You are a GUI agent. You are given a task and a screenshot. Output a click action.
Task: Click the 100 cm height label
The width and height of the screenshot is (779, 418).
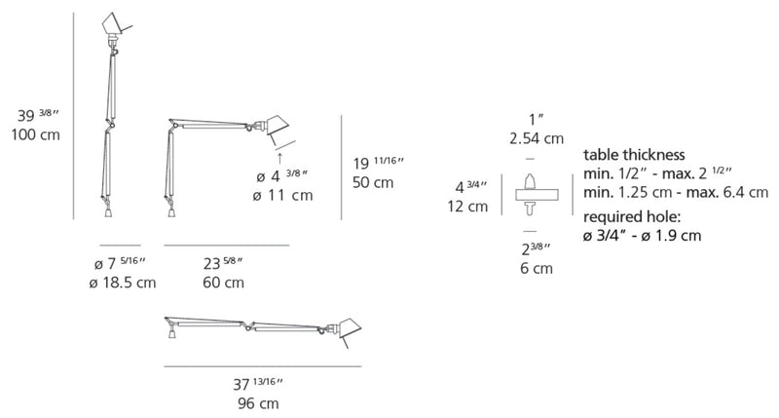[x=35, y=134]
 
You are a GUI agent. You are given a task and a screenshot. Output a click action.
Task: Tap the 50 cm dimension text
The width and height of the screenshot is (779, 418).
[x=373, y=182]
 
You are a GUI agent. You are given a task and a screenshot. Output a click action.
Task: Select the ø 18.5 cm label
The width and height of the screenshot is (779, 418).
[x=123, y=283]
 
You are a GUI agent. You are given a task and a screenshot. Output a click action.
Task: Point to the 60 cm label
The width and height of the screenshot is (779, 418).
[x=223, y=283]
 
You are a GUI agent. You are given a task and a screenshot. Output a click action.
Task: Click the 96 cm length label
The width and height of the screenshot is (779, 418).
[x=258, y=403]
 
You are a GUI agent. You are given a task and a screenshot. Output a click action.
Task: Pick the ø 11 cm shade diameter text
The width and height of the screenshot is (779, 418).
[x=282, y=195]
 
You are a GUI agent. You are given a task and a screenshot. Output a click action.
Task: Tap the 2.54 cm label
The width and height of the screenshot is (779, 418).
[x=537, y=138]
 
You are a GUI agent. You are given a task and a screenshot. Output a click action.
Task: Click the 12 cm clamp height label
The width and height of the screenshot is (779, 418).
[x=467, y=207]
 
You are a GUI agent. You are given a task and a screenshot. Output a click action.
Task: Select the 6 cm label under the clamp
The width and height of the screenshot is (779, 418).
[x=537, y=268]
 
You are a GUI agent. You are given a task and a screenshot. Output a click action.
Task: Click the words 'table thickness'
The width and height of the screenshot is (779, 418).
[x=634, y=155]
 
